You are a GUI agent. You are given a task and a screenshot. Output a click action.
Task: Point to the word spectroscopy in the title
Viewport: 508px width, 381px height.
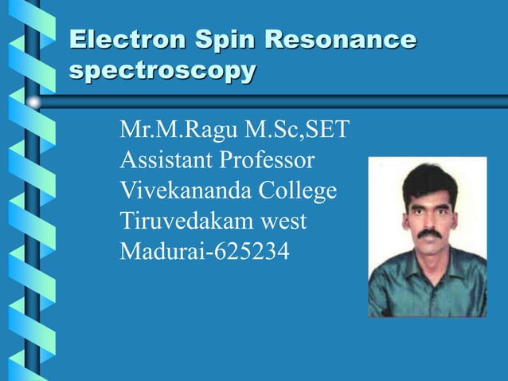162,72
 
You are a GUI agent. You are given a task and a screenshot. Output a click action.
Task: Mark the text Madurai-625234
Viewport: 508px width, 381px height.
205,253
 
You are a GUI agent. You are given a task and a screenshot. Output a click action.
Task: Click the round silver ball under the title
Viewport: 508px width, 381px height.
33,101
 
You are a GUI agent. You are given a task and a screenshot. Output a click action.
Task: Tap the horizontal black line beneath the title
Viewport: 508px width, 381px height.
271,101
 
